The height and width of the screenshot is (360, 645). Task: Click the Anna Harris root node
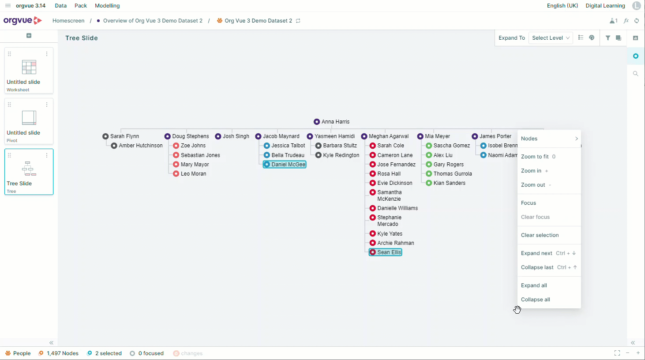click(x=331, y=121)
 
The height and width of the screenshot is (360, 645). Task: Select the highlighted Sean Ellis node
click(x=385, y=252)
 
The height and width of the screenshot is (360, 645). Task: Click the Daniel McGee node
click(x=285, y=165)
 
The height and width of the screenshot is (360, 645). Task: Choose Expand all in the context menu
click(x=534, y=285)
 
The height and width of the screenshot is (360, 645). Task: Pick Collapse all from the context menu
click(x=535, y=300)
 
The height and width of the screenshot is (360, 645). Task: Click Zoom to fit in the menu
click(x=535, y=157)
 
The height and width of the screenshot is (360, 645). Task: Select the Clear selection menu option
click(x=540, y=235)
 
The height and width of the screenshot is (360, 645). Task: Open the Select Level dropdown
click(x=550, y=38)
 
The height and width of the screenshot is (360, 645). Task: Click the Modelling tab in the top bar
click(x=107, y=6)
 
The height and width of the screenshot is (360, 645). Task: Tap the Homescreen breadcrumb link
click(x=68, y=21)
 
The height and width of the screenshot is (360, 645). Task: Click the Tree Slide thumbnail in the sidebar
click(x=29, y=172)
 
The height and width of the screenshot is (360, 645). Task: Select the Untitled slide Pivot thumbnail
click(x=29, y=121)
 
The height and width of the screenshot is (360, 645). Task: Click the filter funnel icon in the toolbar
click(x=607, y=38)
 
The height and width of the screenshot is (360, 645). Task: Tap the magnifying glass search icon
click(x=635, y=74)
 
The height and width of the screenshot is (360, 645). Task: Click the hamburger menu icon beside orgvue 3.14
click(x=8, y=6)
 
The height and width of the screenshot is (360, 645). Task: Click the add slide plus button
click(x=29, y=36)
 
